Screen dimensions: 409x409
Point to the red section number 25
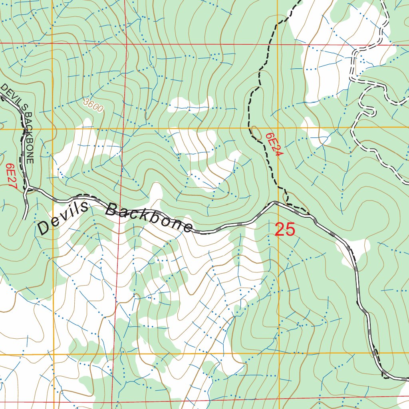pyautogui.click(x=285, y=230)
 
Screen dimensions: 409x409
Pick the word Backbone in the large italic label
pyautogui.click(x=149, y=218)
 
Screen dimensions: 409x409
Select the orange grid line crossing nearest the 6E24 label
pyautogui.click(x=278, y=128)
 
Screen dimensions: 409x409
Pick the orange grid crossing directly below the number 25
pyautogui.click(x=279, y=353)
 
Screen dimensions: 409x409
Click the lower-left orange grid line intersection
pyautogui.click(x=53, y=354)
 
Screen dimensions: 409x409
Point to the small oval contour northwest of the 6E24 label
pyautogui.click(x=254, y=131)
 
